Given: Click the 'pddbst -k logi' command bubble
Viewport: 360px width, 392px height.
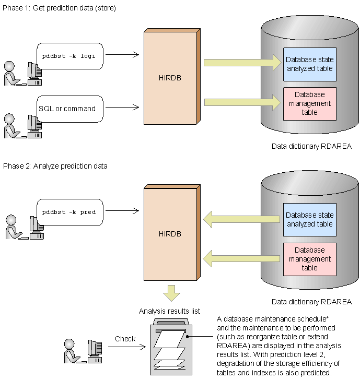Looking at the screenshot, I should pos(69,56).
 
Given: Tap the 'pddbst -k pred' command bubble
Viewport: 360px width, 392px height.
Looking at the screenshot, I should pos(69,212).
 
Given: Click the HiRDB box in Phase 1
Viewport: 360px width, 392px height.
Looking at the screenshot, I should pos(170,78).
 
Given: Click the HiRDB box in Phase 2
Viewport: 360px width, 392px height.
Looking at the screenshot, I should pos(170,233).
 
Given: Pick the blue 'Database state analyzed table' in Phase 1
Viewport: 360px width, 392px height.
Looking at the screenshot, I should pos(309,64).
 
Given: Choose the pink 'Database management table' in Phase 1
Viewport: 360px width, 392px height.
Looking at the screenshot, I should pos(309,103).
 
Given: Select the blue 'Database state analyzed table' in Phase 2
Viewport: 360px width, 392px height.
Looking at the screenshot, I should pos(309,219).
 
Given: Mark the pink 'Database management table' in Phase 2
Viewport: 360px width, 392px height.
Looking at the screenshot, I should pos(309,259).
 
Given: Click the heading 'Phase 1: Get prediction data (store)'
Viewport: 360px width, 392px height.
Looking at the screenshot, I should pos(60,8).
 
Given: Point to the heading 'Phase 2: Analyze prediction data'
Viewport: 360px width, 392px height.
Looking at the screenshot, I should pos(55,166).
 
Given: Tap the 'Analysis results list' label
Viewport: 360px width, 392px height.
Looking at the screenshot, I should pos(170,311).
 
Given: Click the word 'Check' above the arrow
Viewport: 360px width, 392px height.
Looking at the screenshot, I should pos(125,339).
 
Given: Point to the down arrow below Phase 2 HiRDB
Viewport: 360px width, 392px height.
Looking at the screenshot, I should pos(171,293).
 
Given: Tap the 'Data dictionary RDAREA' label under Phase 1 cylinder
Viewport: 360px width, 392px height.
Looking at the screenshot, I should pos(311,146).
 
